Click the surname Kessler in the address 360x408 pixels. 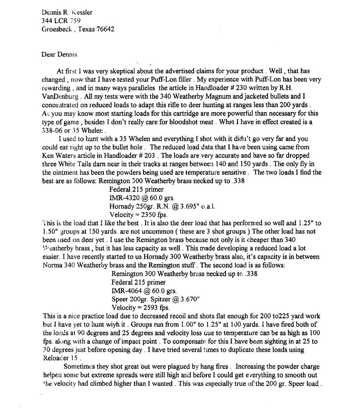point(80,12)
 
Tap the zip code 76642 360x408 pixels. point(105,29)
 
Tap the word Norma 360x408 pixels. point(52,265)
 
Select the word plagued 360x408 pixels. point(148,366)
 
